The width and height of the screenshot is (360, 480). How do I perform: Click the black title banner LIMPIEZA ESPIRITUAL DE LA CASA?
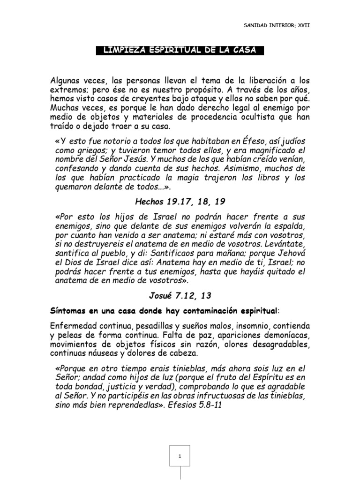point(180,51)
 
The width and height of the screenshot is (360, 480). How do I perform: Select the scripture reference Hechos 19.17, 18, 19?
point(180,202)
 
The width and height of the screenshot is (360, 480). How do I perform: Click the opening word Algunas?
point(66,82)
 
